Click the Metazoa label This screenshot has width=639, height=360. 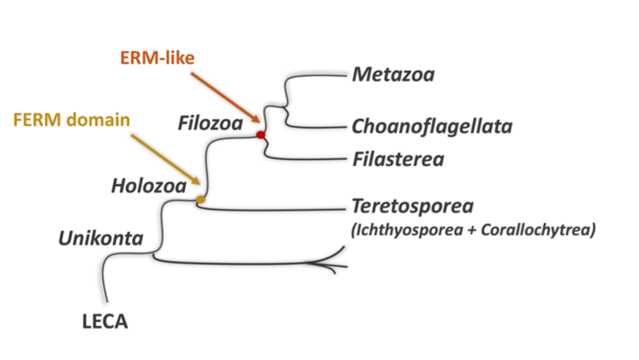pyautogui.click(x=396, y=75)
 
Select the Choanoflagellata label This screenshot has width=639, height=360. pyautogui.click(x=432, y=126)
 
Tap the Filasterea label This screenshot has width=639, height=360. pyautogui.click(x=398, y=159)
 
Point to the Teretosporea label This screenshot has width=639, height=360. pyautogui.click(x=412, y=206)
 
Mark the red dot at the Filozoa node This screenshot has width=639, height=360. pyautogui.click(x=261, y=135)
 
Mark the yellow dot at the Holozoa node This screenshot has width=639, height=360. pyautogui.click(x=201, y=199)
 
